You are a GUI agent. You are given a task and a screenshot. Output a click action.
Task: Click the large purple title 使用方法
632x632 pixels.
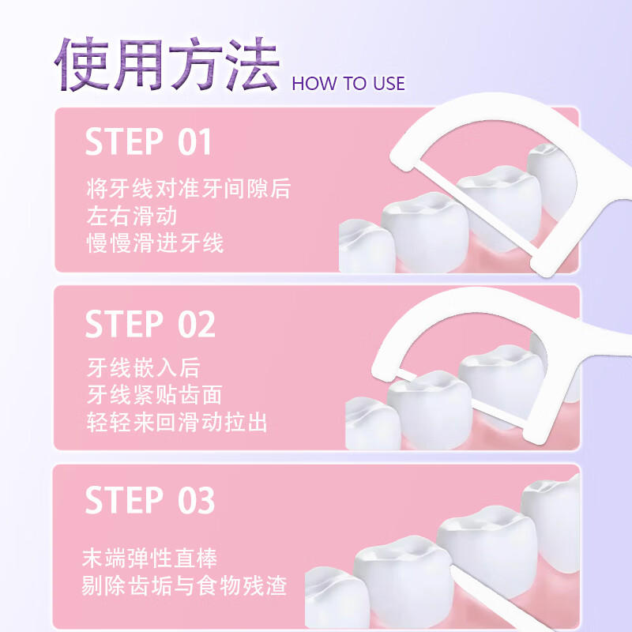coord(166,65)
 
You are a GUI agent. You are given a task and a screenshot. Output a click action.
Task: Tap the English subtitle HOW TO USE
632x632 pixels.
coord(348,84)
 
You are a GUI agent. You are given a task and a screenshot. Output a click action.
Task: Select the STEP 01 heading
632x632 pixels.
coord(149,142)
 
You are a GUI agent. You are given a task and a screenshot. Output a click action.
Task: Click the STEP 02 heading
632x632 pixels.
coord(150,325)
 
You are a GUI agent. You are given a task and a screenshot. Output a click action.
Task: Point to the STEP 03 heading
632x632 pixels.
coord(150,501)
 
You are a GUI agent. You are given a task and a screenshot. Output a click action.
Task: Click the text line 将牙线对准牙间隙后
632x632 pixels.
coord(188,190)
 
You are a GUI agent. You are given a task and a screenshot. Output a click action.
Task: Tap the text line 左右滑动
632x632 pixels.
coord(131,216)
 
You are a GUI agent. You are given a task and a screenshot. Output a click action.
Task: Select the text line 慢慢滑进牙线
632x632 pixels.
coord(155,243)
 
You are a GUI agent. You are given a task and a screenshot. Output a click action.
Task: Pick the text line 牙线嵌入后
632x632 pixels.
coord(143,368)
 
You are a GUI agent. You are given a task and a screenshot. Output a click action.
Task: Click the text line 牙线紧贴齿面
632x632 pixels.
coord(154,395)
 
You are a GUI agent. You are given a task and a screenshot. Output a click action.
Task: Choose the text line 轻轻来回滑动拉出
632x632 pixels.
coord(177,422)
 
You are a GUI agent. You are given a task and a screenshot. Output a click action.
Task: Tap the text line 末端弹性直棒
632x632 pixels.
coord(150,559)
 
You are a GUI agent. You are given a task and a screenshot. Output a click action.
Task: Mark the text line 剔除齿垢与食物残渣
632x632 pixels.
coord(184,586)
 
